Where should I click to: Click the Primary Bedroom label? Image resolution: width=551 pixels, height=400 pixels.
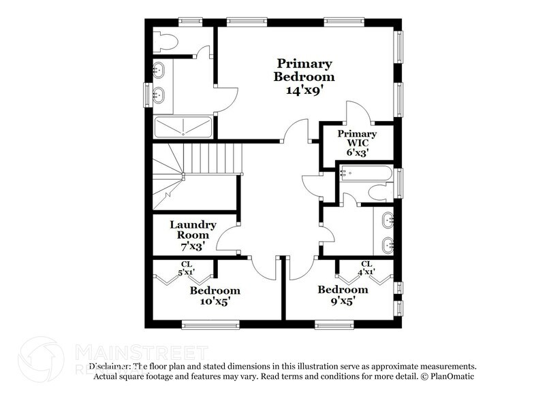click(x=303, y=70)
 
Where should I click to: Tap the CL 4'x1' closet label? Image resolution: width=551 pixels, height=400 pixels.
click(x=366, y=268)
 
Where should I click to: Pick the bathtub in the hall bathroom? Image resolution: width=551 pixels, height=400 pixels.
click(x=364, y=173)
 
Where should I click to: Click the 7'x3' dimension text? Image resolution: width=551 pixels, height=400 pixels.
click(x=193, y=244)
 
